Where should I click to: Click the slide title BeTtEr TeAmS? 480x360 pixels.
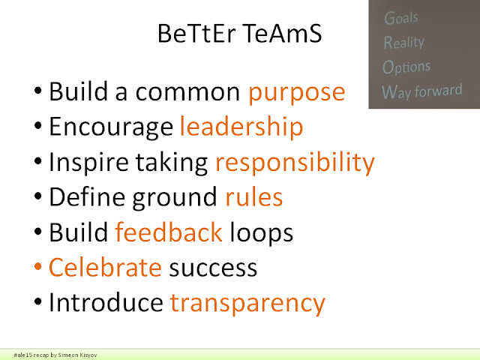tap(239, 33)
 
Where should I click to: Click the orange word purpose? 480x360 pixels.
tap(297, 93)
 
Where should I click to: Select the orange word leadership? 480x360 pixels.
tap(241, 126)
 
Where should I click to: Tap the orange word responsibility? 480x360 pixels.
tap(295, 162)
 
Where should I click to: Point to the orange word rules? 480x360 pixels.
tap(253, 196)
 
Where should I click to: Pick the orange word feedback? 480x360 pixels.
tap(169, 232)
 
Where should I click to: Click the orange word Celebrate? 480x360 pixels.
tap(105, 267)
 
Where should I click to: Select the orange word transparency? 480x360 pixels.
tap(247, 304)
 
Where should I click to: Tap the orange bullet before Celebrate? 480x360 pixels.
tap(38, 266)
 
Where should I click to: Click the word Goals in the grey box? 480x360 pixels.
tap(401, 18)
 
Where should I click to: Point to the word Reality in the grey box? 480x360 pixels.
tap(404, 42)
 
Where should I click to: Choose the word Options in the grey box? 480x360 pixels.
tap(406, 67)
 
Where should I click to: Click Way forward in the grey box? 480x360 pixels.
tap(421, 91)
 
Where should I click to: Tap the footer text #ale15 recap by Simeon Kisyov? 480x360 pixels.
tap(55, 355)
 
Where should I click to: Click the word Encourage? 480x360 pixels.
tap(111, 127)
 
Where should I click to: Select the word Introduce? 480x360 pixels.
tap(106, 302)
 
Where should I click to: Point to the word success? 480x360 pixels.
tap(213, 268)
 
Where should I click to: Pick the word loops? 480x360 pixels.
tap(262, 233)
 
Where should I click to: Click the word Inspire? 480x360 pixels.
tap(88, 162)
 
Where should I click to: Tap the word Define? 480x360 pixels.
tap(87, 196)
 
